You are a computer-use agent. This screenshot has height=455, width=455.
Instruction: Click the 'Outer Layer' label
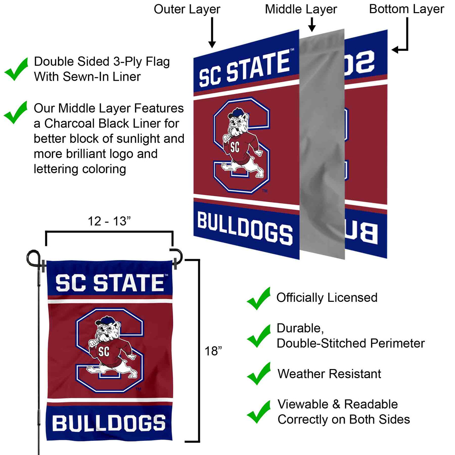(x=187, y=9)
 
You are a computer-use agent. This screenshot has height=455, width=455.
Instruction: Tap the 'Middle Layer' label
(x=301, y=9)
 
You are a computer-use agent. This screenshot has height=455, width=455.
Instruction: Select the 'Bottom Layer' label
(x=406, y=9)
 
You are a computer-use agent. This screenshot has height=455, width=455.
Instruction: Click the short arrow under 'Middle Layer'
(x=312, y=25)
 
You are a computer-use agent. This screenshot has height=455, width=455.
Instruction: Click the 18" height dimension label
(x=213, y=351)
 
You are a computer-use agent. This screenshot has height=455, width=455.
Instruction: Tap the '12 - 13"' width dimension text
(x=109, y=221)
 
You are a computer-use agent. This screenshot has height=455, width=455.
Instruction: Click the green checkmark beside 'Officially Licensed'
(x=259, y=298)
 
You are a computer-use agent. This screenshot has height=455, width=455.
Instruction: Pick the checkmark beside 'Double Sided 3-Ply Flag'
(x=16, y=69)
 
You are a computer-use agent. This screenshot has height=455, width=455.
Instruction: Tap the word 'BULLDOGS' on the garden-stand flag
(x=109, y=423)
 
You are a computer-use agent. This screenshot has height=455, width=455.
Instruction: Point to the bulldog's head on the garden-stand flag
(x=107, y=329)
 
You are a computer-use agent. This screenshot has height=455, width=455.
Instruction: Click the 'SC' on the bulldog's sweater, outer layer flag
(x=235, y=147)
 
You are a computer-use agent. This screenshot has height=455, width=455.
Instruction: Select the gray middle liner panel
(x=322, y=142)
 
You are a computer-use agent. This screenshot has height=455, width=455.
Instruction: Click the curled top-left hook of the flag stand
(x=33, y=257)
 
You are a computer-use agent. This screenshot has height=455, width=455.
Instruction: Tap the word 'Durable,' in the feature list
(x=300, y=328)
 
